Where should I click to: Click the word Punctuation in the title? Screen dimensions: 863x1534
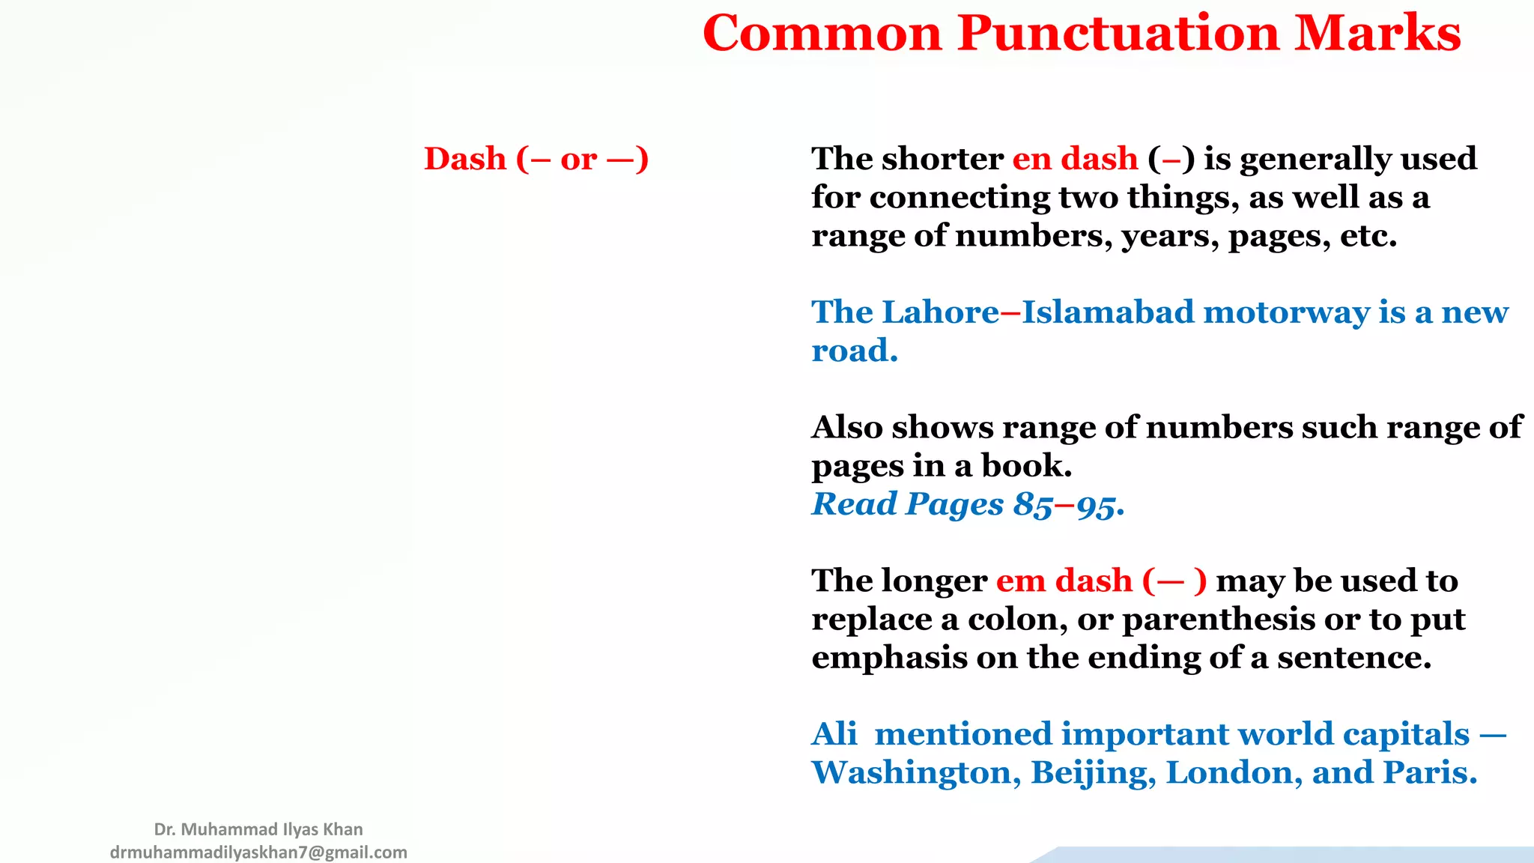click(x=1118, y=34)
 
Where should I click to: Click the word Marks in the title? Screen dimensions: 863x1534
click(x=1377, y=34)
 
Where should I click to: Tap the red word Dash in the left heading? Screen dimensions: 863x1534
click(x=465, y=159)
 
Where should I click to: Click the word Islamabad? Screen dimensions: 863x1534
click(x=1108, y=312)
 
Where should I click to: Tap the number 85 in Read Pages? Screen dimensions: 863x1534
click(x=1033, y=505)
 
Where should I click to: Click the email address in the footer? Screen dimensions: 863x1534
click(x=258, y=853)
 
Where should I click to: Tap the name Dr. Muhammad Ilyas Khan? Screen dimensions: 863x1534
click(x=258, y=829)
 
